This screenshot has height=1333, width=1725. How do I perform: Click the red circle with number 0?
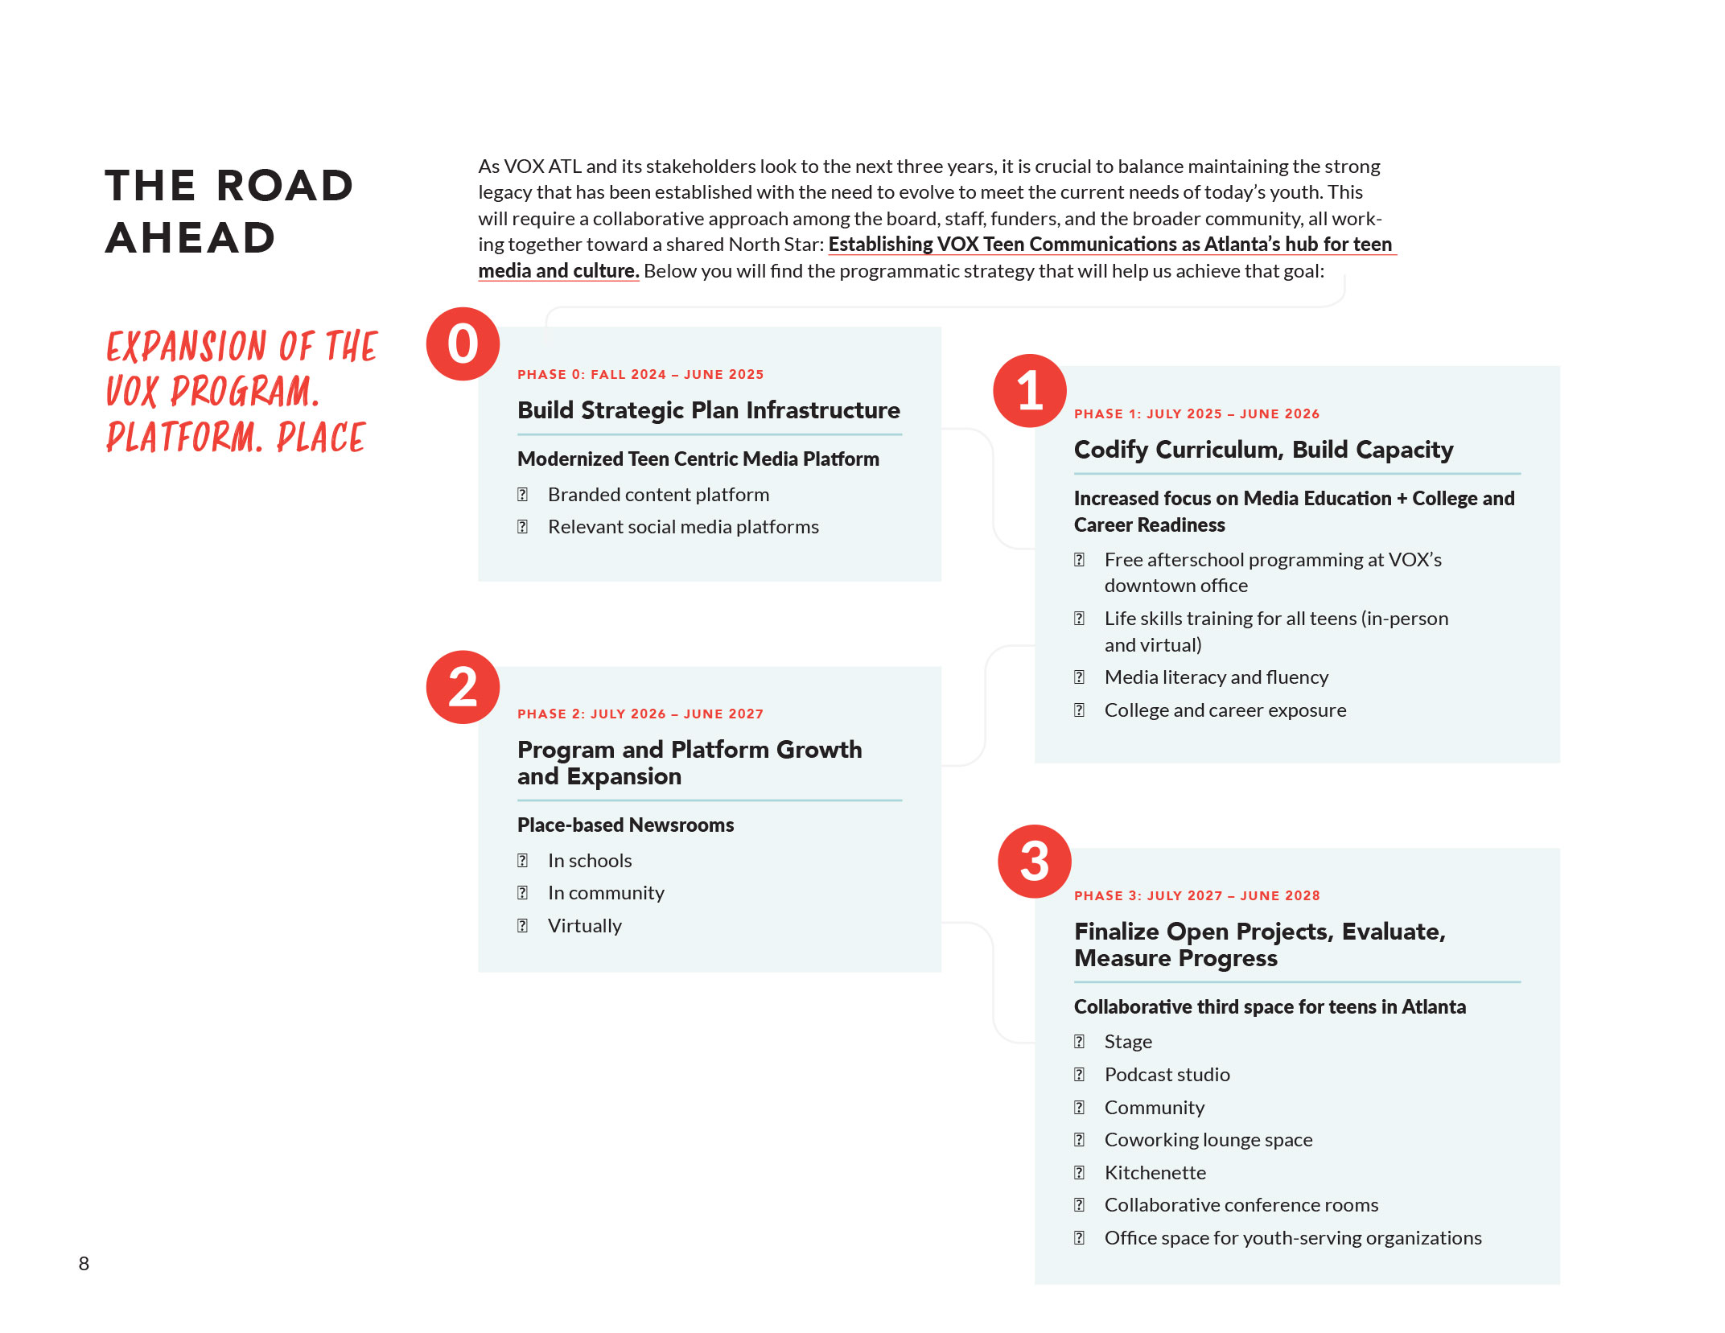463,344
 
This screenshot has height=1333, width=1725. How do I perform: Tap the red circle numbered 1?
1030,391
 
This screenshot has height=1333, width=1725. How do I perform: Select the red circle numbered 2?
463,687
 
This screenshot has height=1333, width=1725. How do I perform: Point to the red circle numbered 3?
1034,862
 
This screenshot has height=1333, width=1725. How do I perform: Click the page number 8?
84,1264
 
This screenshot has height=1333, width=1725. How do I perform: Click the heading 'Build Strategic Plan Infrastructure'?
708,410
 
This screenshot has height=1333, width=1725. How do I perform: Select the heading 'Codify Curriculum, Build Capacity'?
1263,450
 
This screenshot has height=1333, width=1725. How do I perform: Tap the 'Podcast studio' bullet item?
1167,1075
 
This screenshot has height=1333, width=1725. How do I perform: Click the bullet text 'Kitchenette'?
1155,1173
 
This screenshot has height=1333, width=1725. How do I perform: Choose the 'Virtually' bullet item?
585,926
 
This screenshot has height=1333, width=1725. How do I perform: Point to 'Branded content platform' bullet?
658,495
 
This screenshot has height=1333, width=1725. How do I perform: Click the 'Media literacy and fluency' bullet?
1216,677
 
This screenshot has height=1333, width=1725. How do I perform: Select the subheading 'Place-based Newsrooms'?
625,825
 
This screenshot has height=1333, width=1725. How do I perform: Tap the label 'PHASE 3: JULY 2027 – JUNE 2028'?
1196,896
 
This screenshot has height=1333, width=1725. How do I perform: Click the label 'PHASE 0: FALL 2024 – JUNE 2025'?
640,375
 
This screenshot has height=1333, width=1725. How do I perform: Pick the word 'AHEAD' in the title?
191,238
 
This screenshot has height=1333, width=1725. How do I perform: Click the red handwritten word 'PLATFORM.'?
184,438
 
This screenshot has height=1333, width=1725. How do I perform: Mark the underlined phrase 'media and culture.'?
558,271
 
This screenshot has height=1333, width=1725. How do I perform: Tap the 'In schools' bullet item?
590,861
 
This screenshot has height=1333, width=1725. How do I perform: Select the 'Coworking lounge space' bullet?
1208,1140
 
